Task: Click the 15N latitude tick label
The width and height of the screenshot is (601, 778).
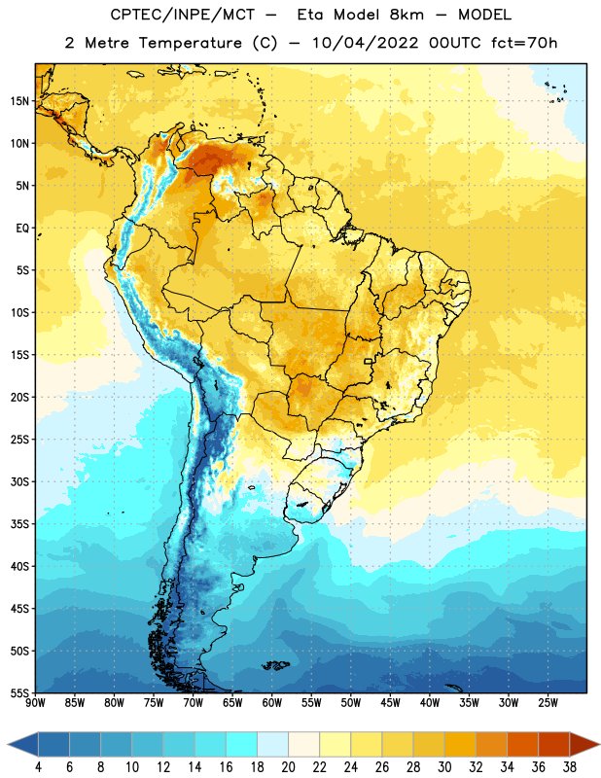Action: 19,101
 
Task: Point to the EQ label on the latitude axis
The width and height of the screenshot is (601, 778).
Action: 22,229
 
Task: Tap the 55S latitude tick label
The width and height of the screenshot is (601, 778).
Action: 19,692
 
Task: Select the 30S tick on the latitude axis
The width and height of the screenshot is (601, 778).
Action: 19,481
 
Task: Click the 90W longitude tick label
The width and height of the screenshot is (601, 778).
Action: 35,703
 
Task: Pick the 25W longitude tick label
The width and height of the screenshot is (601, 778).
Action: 548,703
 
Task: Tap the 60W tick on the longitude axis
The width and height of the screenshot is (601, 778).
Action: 272,703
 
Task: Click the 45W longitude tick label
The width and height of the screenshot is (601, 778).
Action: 391,703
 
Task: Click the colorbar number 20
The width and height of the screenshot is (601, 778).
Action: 288,767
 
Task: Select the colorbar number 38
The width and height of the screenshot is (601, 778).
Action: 569,767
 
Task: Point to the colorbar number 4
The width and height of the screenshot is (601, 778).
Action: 38,767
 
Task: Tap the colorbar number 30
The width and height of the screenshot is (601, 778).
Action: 444,767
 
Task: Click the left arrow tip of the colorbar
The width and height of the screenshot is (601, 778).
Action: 8,745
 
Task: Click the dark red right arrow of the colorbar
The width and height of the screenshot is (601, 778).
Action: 584,745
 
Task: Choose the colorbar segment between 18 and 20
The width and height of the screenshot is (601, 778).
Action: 272,745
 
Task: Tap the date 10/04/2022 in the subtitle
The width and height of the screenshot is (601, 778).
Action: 366,43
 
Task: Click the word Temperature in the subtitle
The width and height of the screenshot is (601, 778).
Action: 190,43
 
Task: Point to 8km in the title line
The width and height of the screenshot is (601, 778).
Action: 407,15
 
